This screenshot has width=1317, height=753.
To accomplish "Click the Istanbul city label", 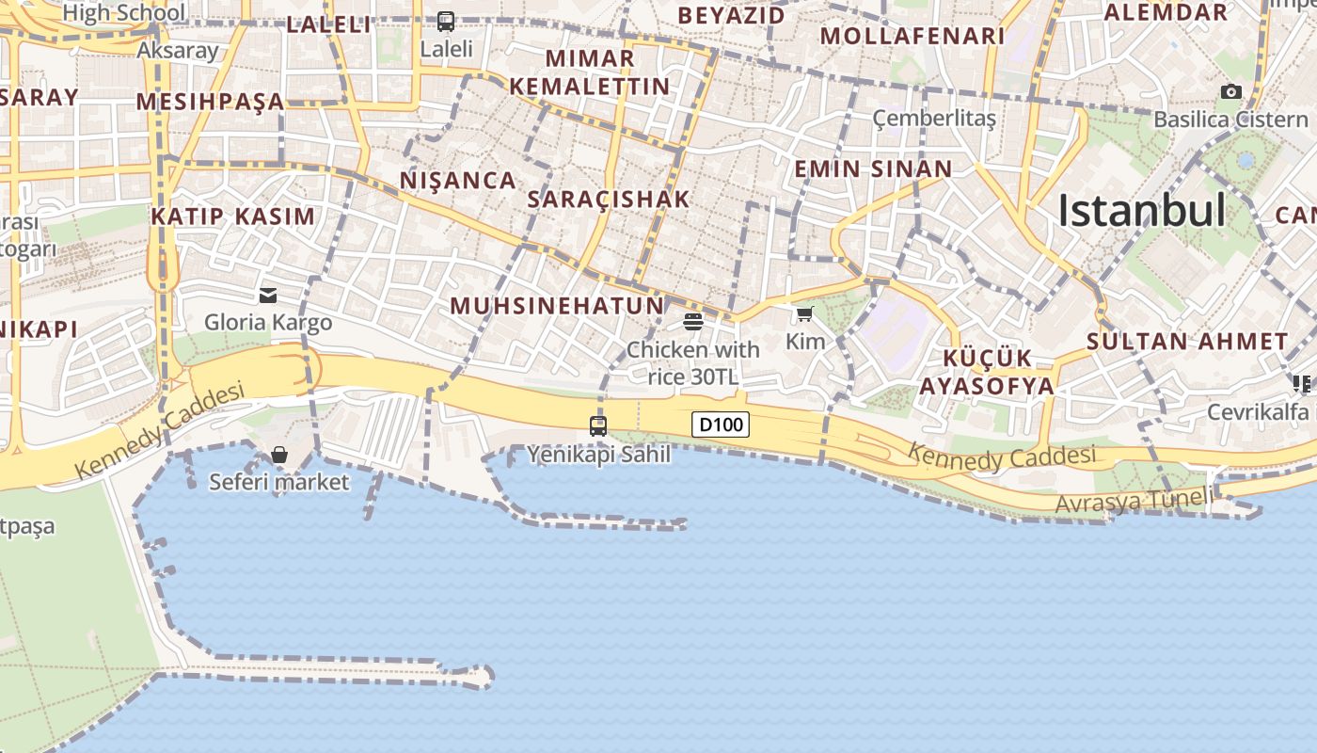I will click(1141, 211).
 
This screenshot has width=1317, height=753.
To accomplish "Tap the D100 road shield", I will click(722, 425).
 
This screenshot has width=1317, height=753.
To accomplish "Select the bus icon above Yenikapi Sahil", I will click(598, 425).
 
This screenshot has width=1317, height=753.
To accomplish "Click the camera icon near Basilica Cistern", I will click(1230, 91).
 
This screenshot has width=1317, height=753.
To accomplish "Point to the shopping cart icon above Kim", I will click(804, 314).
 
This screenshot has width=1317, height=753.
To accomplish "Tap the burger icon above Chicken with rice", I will click(693, 323).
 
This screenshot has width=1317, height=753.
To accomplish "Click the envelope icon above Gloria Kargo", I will click(268, 296).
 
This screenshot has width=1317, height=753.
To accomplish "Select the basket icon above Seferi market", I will click(279, 456).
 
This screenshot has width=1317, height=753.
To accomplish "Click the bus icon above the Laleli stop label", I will click(446, 21).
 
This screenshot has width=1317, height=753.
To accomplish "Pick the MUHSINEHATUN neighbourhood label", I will click(557, 306).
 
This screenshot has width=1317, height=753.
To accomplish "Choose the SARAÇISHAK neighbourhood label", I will click(609, 199).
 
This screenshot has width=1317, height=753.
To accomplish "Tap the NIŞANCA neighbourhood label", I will click(458, 180).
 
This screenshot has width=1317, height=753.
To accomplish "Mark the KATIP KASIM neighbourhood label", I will click(233, 216).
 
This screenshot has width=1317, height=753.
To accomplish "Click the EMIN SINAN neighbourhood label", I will click(873, 169).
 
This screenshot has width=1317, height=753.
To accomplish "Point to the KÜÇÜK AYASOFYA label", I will click(987, 372).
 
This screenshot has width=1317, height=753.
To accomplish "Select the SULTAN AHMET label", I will click(1187, 342).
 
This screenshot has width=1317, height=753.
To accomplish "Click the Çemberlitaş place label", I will click(934, 119).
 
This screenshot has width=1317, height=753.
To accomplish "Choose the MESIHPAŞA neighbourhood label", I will click(210, 101).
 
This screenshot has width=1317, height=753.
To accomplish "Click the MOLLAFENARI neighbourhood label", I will click(912, 36).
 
